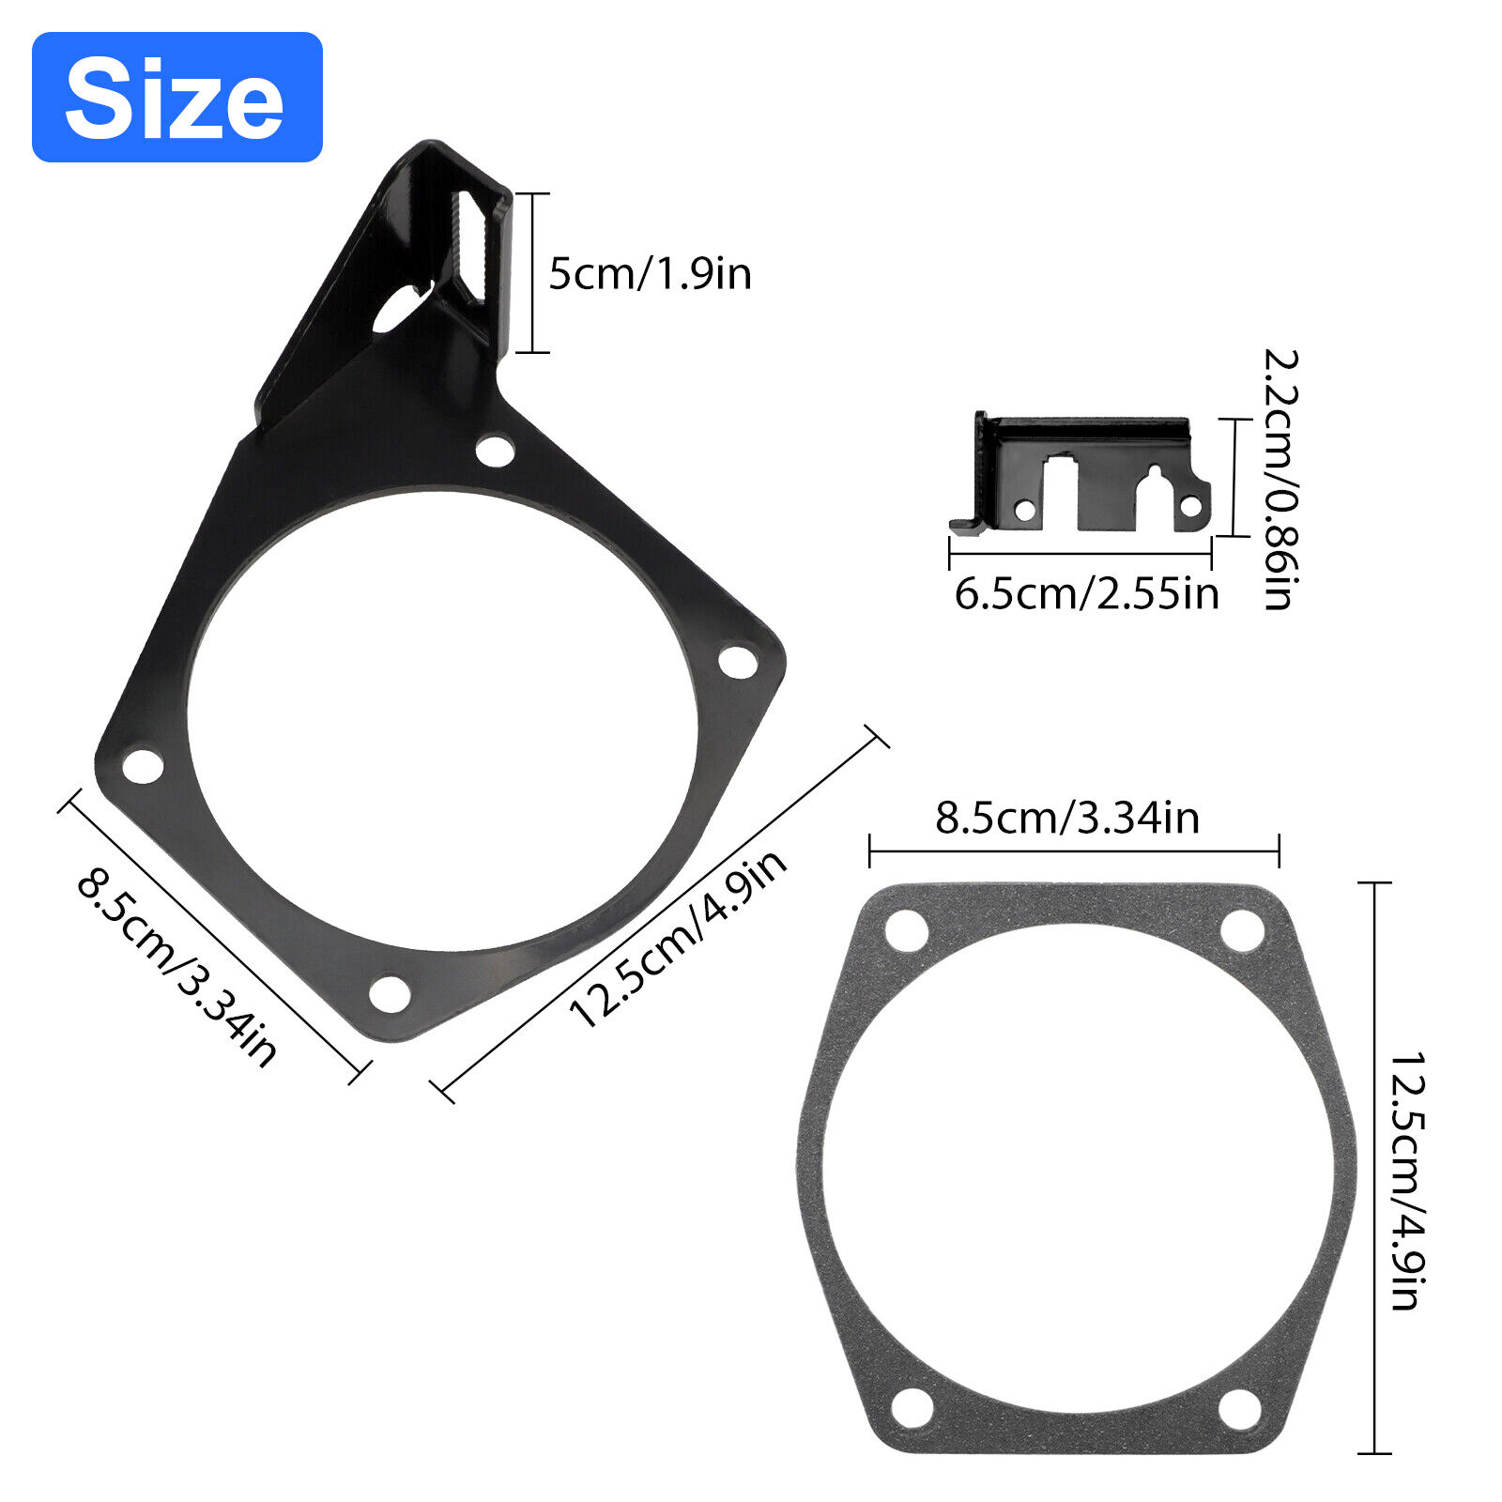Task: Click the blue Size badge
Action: click(x=177, y=97)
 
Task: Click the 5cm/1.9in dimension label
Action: click(x=650, y=273)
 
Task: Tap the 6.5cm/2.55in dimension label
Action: click(x=1087, y=593)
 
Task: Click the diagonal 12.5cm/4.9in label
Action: click(x=678, y=938)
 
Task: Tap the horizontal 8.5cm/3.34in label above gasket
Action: click(x=1067, y=818)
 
